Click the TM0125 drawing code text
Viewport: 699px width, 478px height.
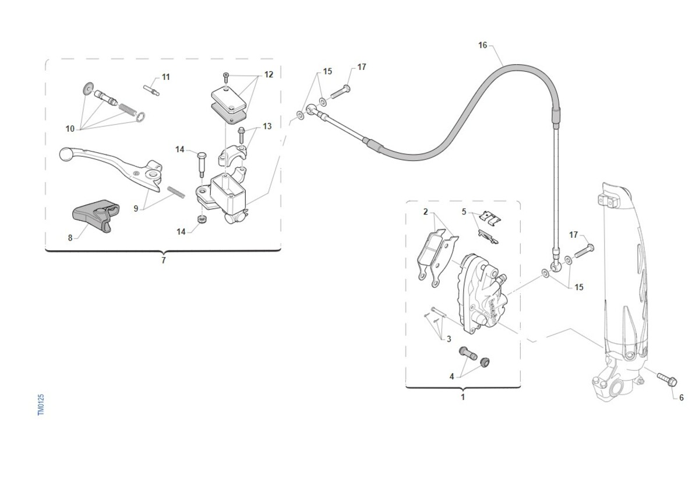pyautogui.click(x=41, y=405)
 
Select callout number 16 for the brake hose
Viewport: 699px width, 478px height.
pyautogui.click(x=482, y=45)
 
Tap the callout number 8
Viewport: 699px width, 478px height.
pyautogui.click(x=70, y=238)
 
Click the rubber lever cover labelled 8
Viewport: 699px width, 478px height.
pyautogui.click(x=96, y=216)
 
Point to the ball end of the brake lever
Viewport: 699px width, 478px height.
pyautogui.click(x=65, y=154)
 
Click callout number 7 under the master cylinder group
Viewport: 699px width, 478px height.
pyautogui.click(x=164, y=260)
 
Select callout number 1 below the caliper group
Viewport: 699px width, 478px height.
pyautogui.click(x=463, y=397)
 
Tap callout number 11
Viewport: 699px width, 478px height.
pyautogui.click(x=165, y=77)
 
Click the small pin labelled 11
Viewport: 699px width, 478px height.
pyautogui.click(x=151, y=90)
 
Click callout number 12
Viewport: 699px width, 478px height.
pyautogui.click(x=269, y=74)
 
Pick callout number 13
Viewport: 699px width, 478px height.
pyautogui.click(x=267, y=126)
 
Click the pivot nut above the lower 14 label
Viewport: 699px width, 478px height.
pyautogui.click(x=202, y=220)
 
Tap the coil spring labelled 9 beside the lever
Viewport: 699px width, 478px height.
pyautogui.click(x=176, y=192)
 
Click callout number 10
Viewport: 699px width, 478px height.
pyautogui.click(x=70, y=129)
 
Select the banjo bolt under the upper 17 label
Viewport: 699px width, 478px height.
pyautogui.click(x=340, y=92)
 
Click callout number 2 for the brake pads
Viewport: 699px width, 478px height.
pyautogui.click(x=425, y=212)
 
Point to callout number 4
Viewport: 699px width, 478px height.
pyautogui.click(x=451, y=377)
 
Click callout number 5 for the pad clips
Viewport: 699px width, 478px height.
pyautogui.click(x=464, y=212)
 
